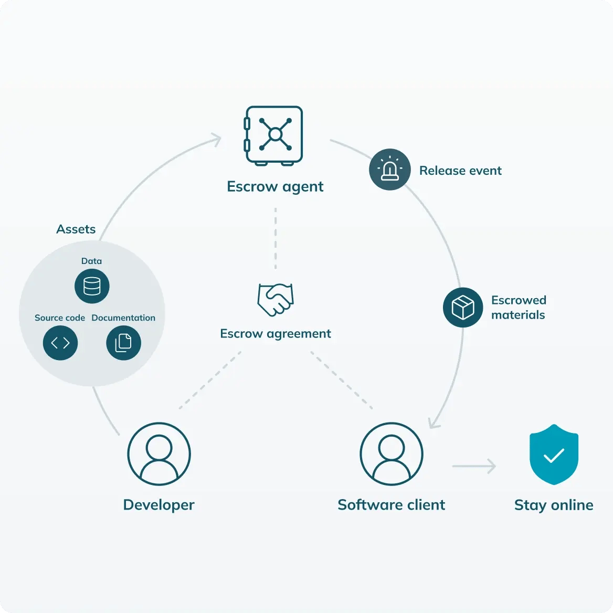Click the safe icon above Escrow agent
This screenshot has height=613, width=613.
pos(273,135)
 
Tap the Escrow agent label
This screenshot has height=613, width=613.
pos(275,187)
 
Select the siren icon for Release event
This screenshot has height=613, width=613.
pos(390,170)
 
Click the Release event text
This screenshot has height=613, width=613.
pos(460,171)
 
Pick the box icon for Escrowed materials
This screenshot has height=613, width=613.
pos(463,307)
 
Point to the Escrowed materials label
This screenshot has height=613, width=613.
pos(519,307)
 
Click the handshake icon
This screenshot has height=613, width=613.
pos(276,300)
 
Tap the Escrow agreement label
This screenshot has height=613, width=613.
pos(276,333)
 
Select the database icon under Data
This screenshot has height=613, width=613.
pos(92,286)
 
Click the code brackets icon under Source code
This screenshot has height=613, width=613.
pos(60,343)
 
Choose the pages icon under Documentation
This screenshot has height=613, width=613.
pos(123,343)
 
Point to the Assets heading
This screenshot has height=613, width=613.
pos(76,229)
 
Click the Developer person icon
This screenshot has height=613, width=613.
pos(159,454)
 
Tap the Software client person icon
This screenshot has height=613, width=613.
pos(392,454)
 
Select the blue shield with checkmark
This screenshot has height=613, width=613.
pos(554,455)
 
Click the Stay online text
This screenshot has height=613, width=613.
pos(554,505)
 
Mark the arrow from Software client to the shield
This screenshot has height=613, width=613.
pos(474,466)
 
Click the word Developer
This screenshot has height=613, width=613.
pos(158,505)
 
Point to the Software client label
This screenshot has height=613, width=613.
pos(392,505)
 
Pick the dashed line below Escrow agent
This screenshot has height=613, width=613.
pos(276,238)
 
